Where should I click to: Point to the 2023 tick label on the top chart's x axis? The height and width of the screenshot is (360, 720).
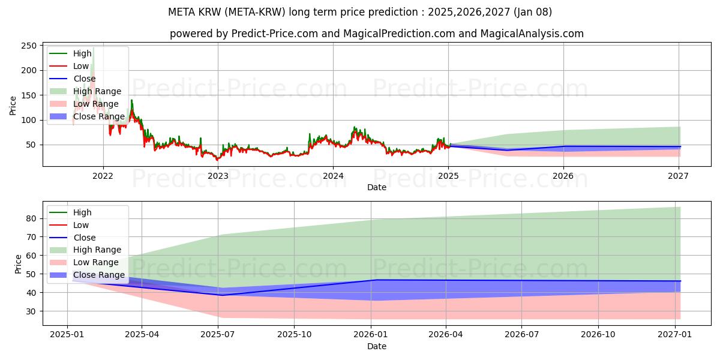pos(218,176)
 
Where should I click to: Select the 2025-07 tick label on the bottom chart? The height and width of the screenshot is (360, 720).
pos(218,335)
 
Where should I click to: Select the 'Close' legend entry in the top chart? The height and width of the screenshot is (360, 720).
pos(84,79)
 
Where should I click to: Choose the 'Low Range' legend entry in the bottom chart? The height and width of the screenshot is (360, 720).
pos(95,262)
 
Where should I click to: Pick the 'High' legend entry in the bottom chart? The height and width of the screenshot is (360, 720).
pos(82,212)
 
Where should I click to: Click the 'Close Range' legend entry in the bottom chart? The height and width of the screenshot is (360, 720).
pos(98,275)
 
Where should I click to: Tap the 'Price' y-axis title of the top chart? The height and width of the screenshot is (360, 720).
pos(13,106)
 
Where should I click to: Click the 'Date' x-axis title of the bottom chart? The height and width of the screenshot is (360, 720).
pos(376,346)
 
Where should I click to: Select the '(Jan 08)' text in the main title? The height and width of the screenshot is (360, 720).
pos(532,12)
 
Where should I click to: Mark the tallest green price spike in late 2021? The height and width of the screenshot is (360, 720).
pos(93,48)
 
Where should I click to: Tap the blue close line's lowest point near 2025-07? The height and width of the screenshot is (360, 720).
pos(221,295)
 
